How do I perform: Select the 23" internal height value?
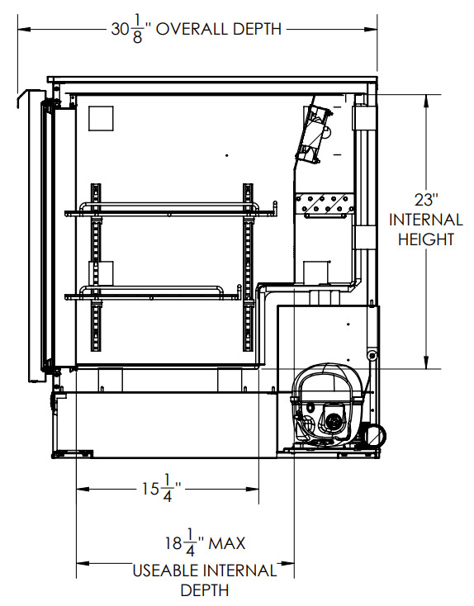pos(426,200)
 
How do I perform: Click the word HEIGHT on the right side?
pos(426,239)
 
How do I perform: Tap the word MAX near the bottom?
pos(227,543)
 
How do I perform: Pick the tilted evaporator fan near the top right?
pos(313,131)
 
